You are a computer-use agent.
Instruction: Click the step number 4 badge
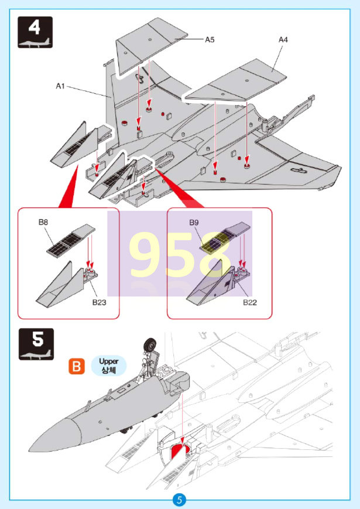coord(36,32)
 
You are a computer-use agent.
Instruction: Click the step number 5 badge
coord(36,344)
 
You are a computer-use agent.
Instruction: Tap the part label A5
coord(210,40)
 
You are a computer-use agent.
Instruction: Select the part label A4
coord(283,40)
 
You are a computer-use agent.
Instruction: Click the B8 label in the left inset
coord(43,223)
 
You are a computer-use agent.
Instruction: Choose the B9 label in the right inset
coord(194,223)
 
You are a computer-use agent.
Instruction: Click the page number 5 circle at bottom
coord(180,500)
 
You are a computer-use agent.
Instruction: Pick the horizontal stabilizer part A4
coord(234,82)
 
